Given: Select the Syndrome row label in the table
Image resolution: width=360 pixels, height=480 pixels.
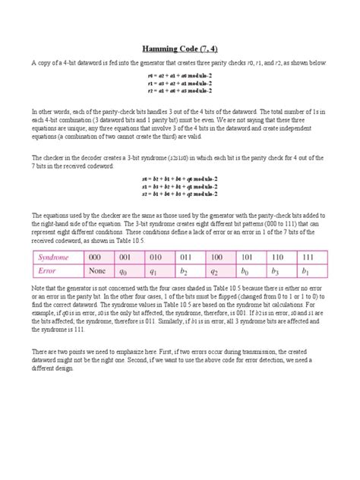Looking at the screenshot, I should (x=55, y=258).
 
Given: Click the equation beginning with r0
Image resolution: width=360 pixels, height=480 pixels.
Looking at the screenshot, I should (x=180, y=77).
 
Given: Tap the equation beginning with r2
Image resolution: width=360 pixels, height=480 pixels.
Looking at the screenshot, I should (x=180, y=90).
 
